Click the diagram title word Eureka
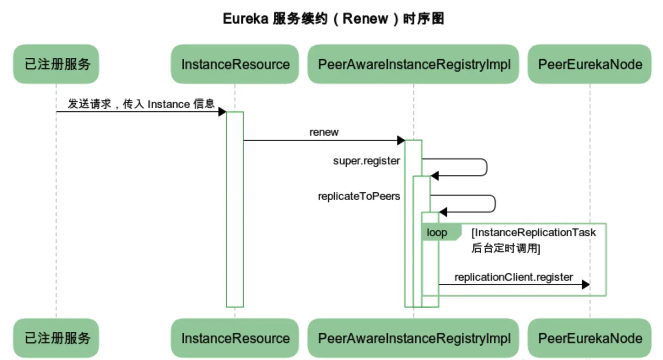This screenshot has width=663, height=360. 245,19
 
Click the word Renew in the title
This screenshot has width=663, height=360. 365,19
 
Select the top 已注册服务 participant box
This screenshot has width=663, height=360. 56,64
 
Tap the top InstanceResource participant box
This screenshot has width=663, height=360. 235,64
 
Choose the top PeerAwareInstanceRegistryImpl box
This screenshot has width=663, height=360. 413,64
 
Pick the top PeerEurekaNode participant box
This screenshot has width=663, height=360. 590,64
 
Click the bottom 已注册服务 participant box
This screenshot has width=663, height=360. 56,338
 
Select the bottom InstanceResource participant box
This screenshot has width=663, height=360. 235,338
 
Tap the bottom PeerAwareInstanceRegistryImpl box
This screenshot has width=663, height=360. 413,338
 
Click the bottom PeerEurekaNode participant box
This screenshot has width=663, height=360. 590,338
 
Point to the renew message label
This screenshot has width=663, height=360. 324,132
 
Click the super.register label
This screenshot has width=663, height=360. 366,161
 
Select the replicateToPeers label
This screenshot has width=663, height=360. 358,196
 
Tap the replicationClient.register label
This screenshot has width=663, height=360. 513,277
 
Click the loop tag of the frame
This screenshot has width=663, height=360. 437,233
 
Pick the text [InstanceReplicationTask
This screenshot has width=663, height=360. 534,233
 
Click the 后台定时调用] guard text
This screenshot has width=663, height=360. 505,248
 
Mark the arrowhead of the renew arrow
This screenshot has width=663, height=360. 401,140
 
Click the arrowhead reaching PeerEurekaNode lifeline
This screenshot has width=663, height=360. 585,285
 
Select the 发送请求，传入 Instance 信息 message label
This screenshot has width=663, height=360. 141,104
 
